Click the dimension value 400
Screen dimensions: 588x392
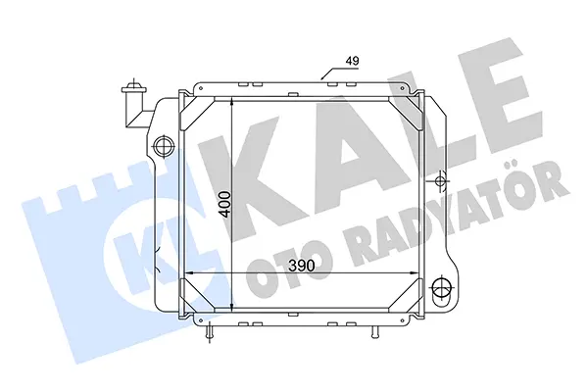(225, 204)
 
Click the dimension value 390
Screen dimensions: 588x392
(302, 266)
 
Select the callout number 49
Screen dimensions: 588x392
(352, 61)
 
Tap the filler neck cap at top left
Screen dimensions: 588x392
(133, 89)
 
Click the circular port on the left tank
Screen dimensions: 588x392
(164, 145)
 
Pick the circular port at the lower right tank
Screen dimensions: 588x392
(441, 288)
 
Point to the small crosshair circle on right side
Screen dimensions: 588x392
(439, 181)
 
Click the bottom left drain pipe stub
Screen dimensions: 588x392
(210, 331)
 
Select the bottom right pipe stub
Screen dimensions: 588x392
(374, 331)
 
